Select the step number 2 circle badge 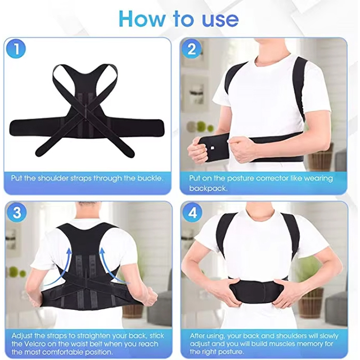click(x=192, y=49)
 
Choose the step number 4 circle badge click(x=192, y=213)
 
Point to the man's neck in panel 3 click(x=85, y=215)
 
